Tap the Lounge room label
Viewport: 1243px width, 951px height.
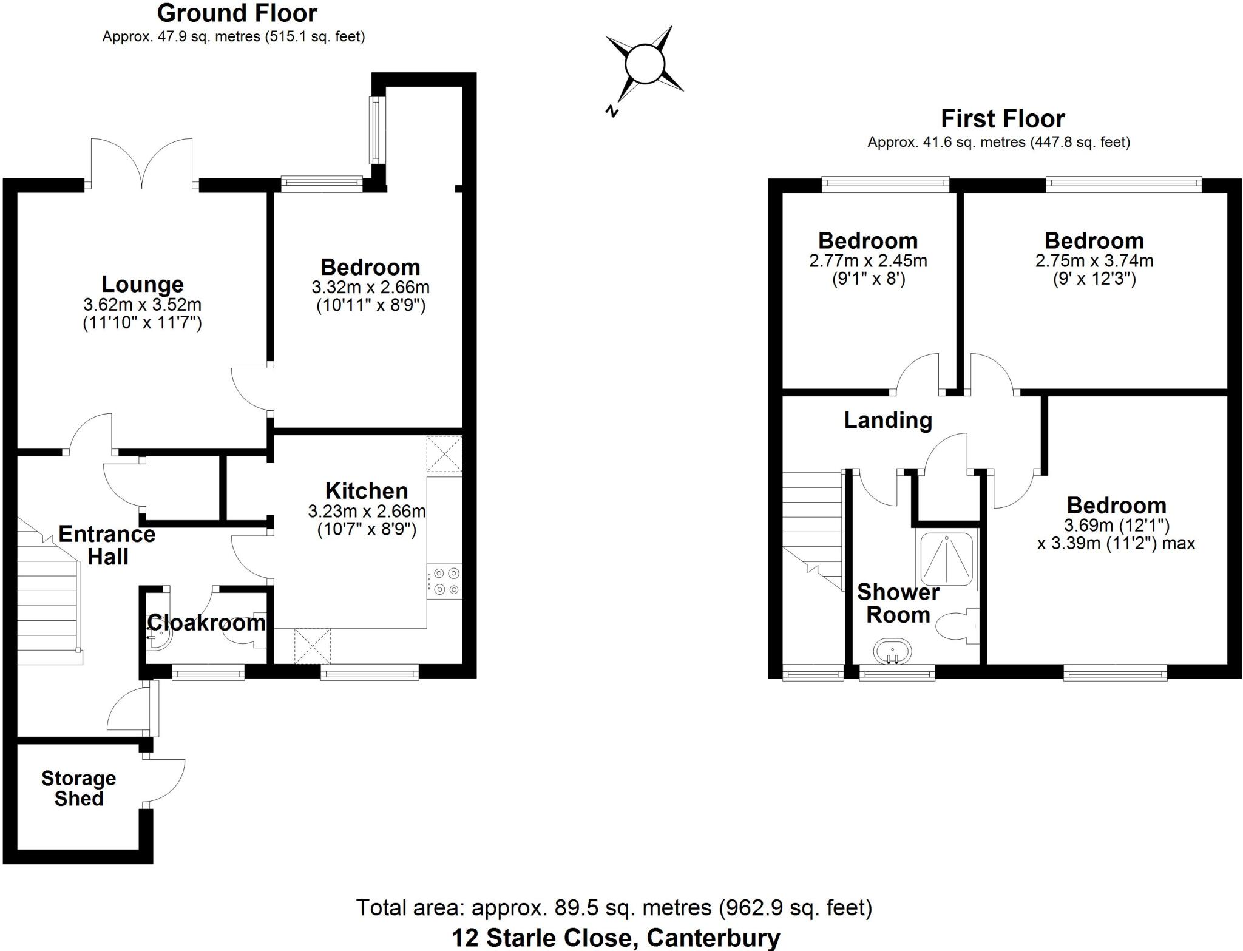pos(143,284)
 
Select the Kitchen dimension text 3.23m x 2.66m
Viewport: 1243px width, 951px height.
pos(367,511)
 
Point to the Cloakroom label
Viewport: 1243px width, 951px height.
pos(206,623)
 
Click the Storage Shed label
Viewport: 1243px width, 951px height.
pos(78,788)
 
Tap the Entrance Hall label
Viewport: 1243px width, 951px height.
pos(107,545)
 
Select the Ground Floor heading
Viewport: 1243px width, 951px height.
pos(237,13)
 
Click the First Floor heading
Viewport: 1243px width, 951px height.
pos(1003,119)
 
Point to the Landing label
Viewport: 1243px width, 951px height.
pos(888,420)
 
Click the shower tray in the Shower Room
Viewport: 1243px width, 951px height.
pos(947,560)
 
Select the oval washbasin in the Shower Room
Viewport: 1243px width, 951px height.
pos(892,652)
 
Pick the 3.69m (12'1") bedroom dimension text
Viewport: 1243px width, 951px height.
pos(1117,525)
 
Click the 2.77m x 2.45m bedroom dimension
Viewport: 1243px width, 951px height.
pos(868,261)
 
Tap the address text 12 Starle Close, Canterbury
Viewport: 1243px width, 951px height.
pos(615,938)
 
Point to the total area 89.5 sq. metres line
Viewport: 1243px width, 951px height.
pos(614,908)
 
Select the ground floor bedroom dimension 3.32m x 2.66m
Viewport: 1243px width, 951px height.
pos(370,286)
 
